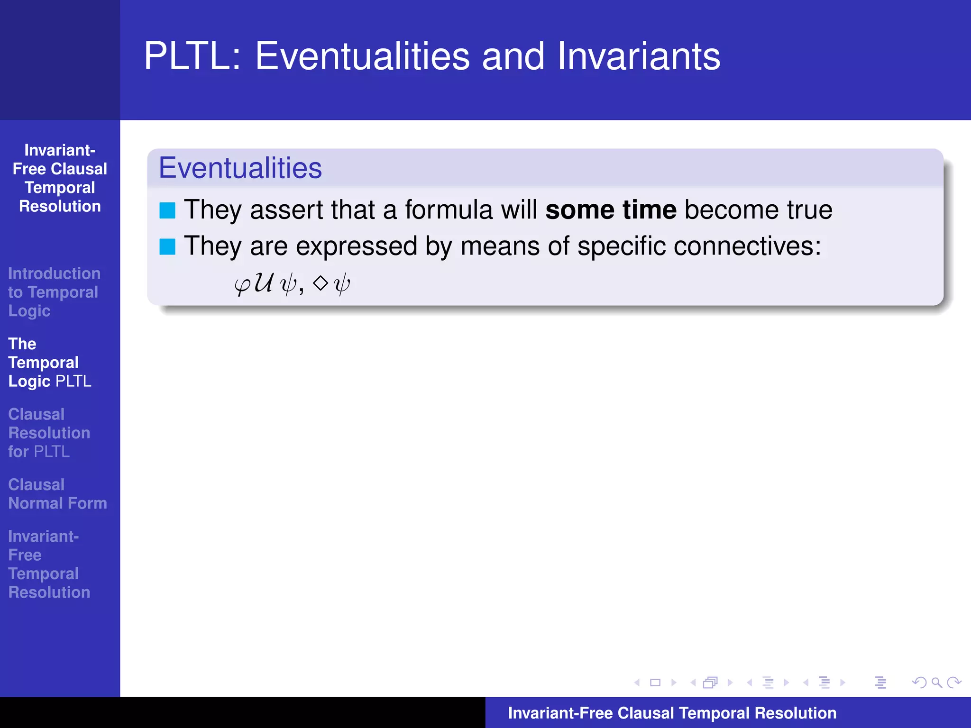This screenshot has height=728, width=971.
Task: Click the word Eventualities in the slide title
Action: [x=362, y=57]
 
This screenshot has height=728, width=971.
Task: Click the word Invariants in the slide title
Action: [x=639, y=57]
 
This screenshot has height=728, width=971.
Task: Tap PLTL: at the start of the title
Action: [x=192, y=57]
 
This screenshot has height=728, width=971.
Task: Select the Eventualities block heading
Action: [x=240, y=168]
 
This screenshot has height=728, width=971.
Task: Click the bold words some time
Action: [x=611, y=210]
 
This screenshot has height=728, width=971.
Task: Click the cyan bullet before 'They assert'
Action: [x=167, y=210]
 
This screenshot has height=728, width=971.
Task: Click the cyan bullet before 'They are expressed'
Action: [x=167, y=246]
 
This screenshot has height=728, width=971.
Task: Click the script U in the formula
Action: [x=264, y=283]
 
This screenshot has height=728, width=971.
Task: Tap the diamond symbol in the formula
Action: [x=321, y=283]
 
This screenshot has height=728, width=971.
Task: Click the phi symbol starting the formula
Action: [x=242, y=285]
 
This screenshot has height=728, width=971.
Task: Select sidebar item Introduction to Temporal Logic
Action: [x=54, y=292]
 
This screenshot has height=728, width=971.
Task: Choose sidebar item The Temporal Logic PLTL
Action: [x=49, y=363]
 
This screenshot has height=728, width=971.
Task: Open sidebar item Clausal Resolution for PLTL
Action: [x=49, y=433]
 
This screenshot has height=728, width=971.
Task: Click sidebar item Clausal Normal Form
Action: [x=57, y=494]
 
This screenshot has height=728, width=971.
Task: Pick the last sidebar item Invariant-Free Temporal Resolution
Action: [x=49, y=564]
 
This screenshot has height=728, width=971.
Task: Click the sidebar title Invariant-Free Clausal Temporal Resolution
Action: [x=60, y=178]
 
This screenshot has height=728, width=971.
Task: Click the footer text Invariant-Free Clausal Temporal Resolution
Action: [x=672, y=713]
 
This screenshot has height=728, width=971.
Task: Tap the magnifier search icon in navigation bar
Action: [x=936, y=682]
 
